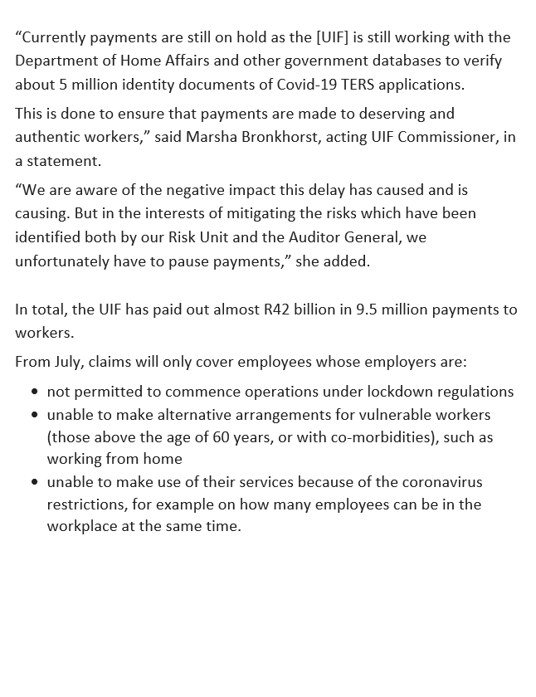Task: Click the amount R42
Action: tap(281, 310)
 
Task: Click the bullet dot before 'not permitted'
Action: tap(34, 392)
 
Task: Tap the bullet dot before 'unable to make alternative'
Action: tap(34, 414)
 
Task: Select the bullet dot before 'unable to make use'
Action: tap(34, 482)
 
